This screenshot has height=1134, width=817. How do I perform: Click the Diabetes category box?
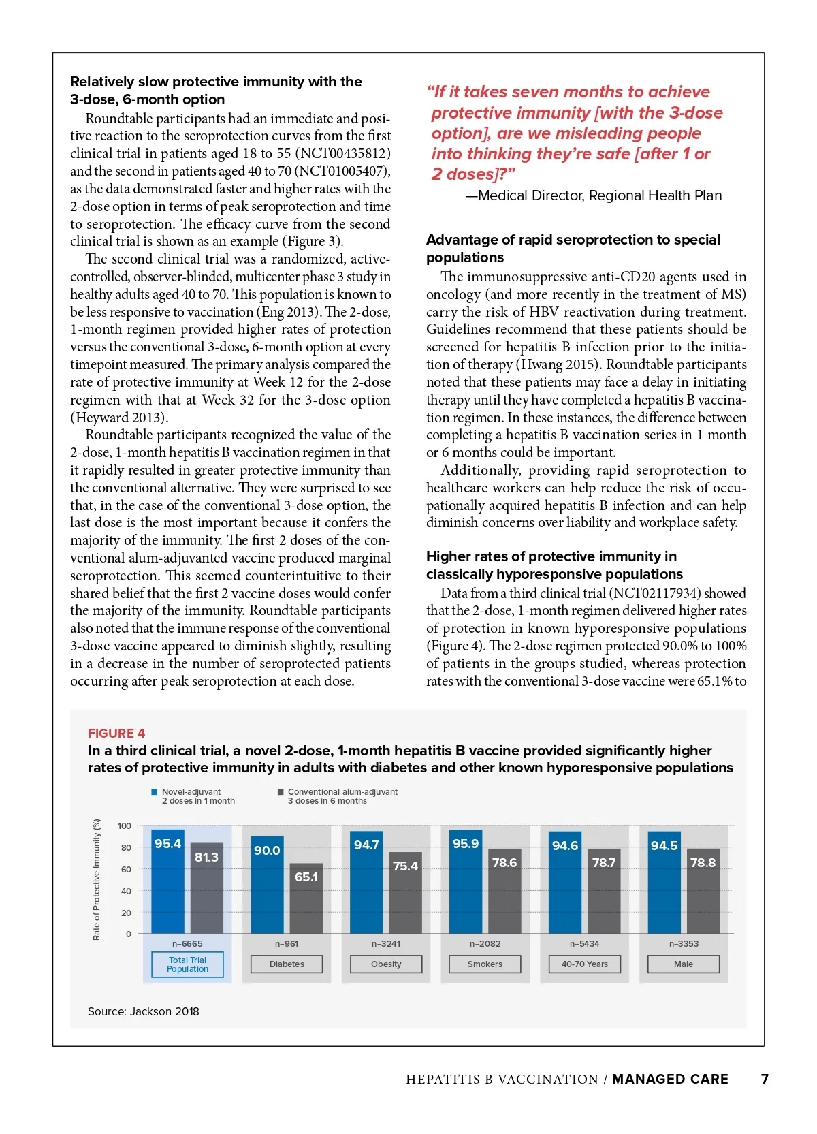point(287,964)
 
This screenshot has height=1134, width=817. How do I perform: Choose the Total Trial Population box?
point(187,964)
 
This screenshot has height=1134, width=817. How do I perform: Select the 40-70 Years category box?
point(584,964)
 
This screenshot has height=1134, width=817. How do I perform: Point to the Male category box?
point(683,964)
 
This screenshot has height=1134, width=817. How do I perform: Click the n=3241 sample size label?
point(386,944)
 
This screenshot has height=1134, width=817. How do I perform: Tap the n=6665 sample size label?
point(187,944)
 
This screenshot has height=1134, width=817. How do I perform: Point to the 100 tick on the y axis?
point(125,826)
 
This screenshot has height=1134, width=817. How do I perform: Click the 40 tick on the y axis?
point(127,891)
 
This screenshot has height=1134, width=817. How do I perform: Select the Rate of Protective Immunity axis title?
point(97,879)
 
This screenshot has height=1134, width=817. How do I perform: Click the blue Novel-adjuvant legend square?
point(155,792)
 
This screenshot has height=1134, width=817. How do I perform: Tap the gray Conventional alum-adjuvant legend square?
point(281,792)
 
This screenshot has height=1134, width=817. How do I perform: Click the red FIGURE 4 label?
point(116,734)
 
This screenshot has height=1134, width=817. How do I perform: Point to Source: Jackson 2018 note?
point(144,1012)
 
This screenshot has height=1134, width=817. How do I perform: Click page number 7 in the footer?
point(765,1079)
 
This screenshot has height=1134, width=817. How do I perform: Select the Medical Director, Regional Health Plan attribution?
point(594,196)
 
